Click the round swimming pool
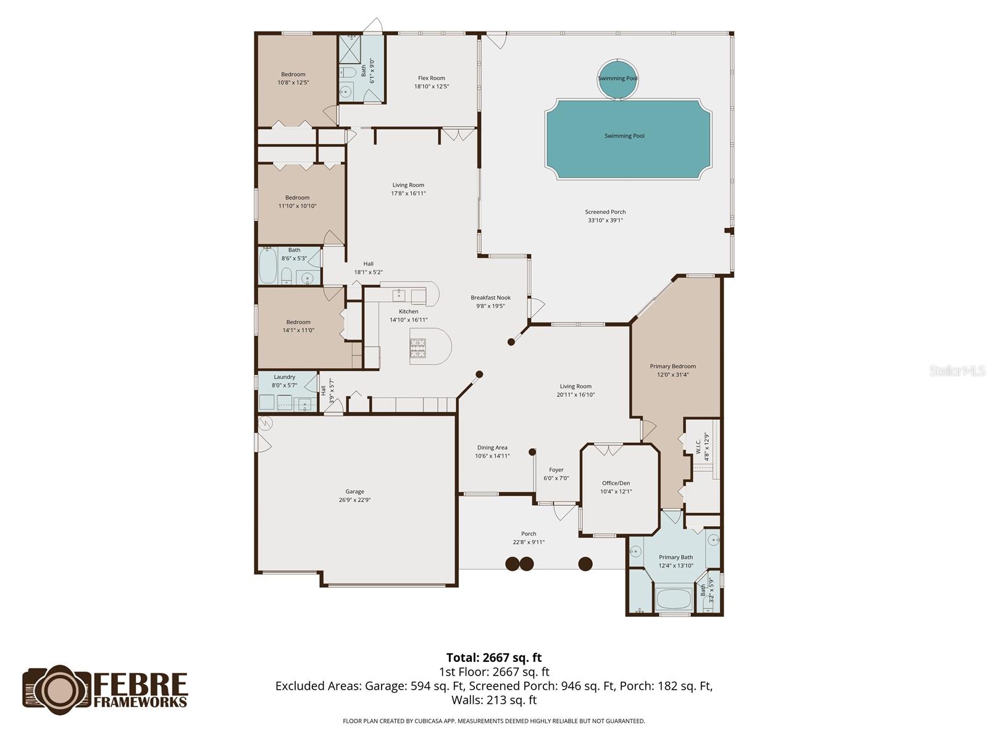617,78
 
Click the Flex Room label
431,78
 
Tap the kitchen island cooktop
418,348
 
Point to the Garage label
354,492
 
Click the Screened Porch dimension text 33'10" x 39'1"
605,220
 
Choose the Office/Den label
616,484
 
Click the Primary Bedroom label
672,366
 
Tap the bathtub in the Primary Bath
674,598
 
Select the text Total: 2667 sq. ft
493,658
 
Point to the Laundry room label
284,377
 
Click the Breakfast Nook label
490,298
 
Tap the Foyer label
556,470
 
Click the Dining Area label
492,448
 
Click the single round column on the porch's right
585,563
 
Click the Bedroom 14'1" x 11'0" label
298,322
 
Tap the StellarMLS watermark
957,371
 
